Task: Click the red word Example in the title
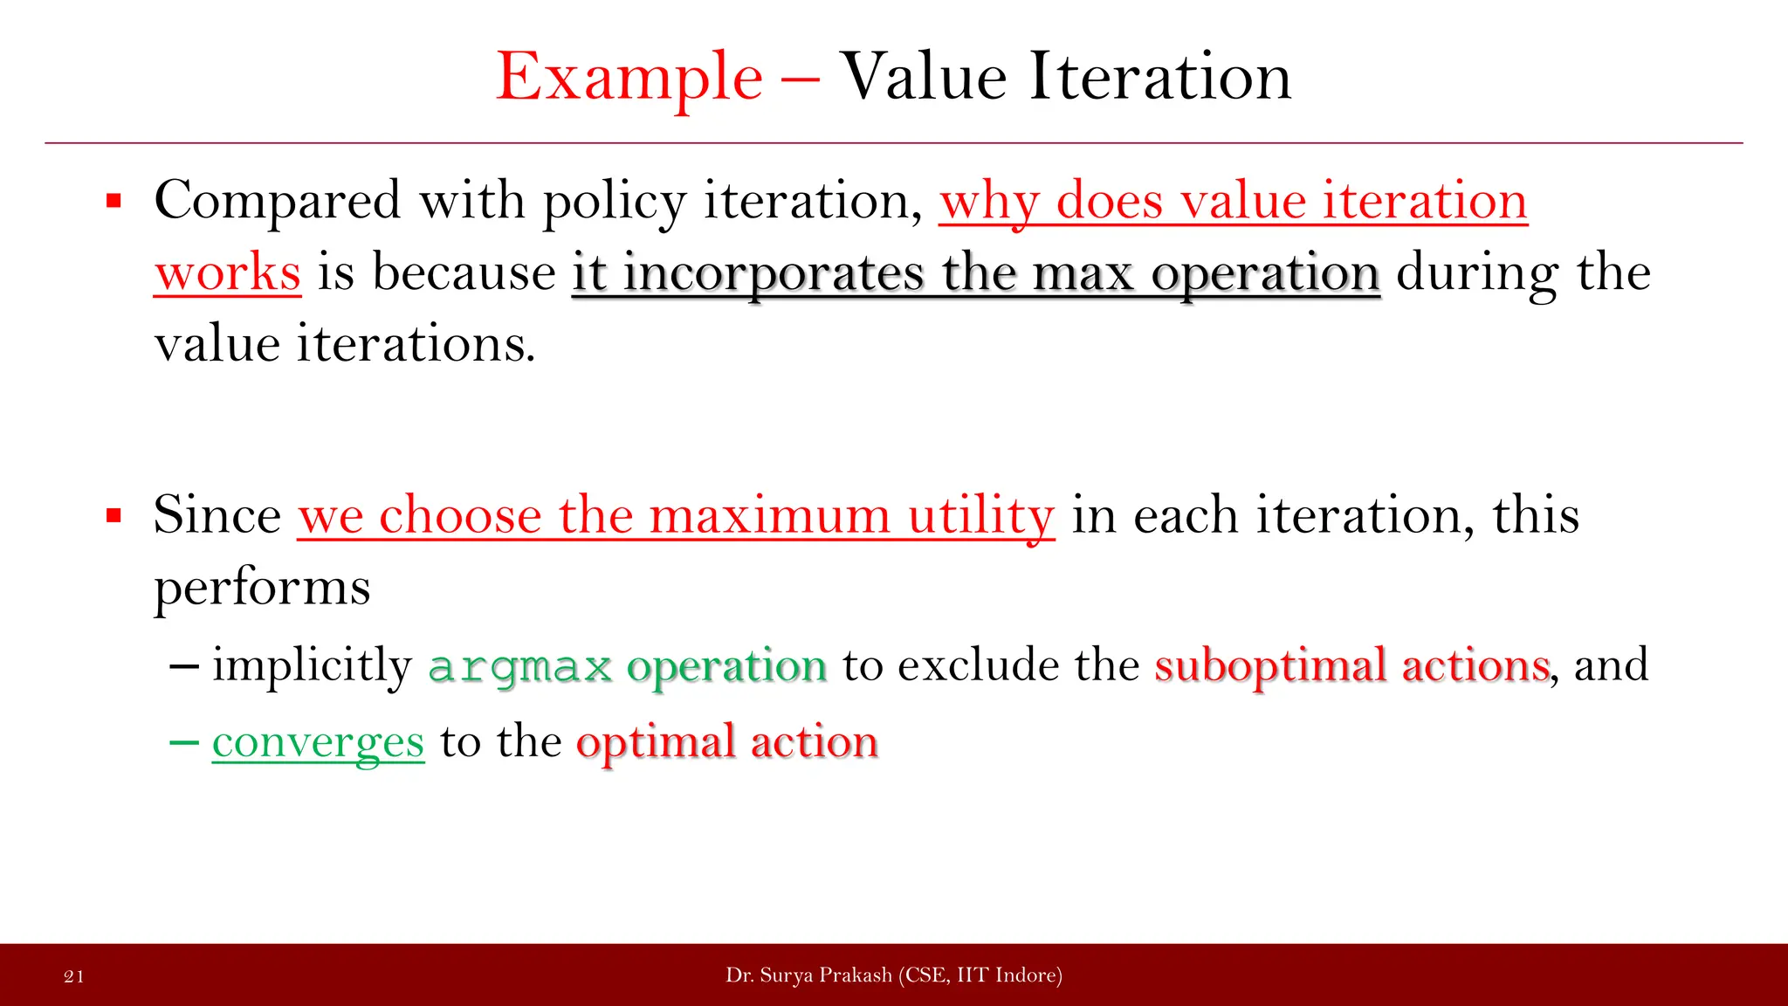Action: (x=629, y=79)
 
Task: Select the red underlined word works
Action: (x=228, y=273)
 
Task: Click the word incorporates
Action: (x=773, y=273)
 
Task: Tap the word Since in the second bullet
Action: (x=217, y=515)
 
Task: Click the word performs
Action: (x=262, y=588)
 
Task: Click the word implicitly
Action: (x=312, y=666)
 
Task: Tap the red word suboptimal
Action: (x=1270, y=666)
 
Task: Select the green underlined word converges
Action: (x=318, y=743)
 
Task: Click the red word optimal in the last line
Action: (x=656, y=743)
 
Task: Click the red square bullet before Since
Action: (x=113, y=516)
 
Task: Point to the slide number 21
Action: (x=74, y=976)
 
